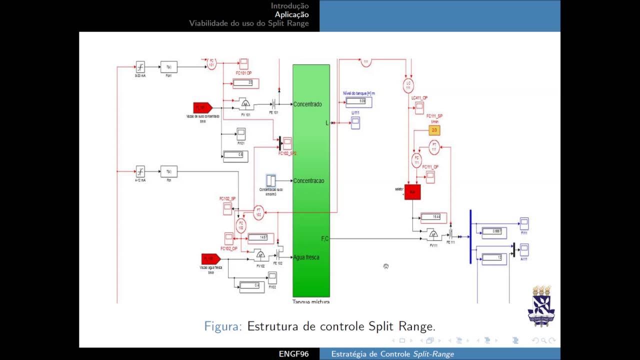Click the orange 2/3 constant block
point(434,130)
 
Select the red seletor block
point(412,192)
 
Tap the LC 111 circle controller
point(408,86)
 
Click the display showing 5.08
point(359,101)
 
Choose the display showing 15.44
point(433,217)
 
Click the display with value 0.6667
point(493,232)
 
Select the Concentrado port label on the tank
point(307,104)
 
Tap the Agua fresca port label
point(306,257)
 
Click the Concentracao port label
point(308,180)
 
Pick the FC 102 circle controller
point(241,226)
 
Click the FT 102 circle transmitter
point(258,212)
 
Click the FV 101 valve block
point(245,104)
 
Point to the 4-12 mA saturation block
point(140,171)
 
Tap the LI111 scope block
point(355,123)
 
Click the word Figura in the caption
point(223,326)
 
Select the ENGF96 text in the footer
point(293,354)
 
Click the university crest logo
point(541,306)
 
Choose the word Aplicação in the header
point(291,14)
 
